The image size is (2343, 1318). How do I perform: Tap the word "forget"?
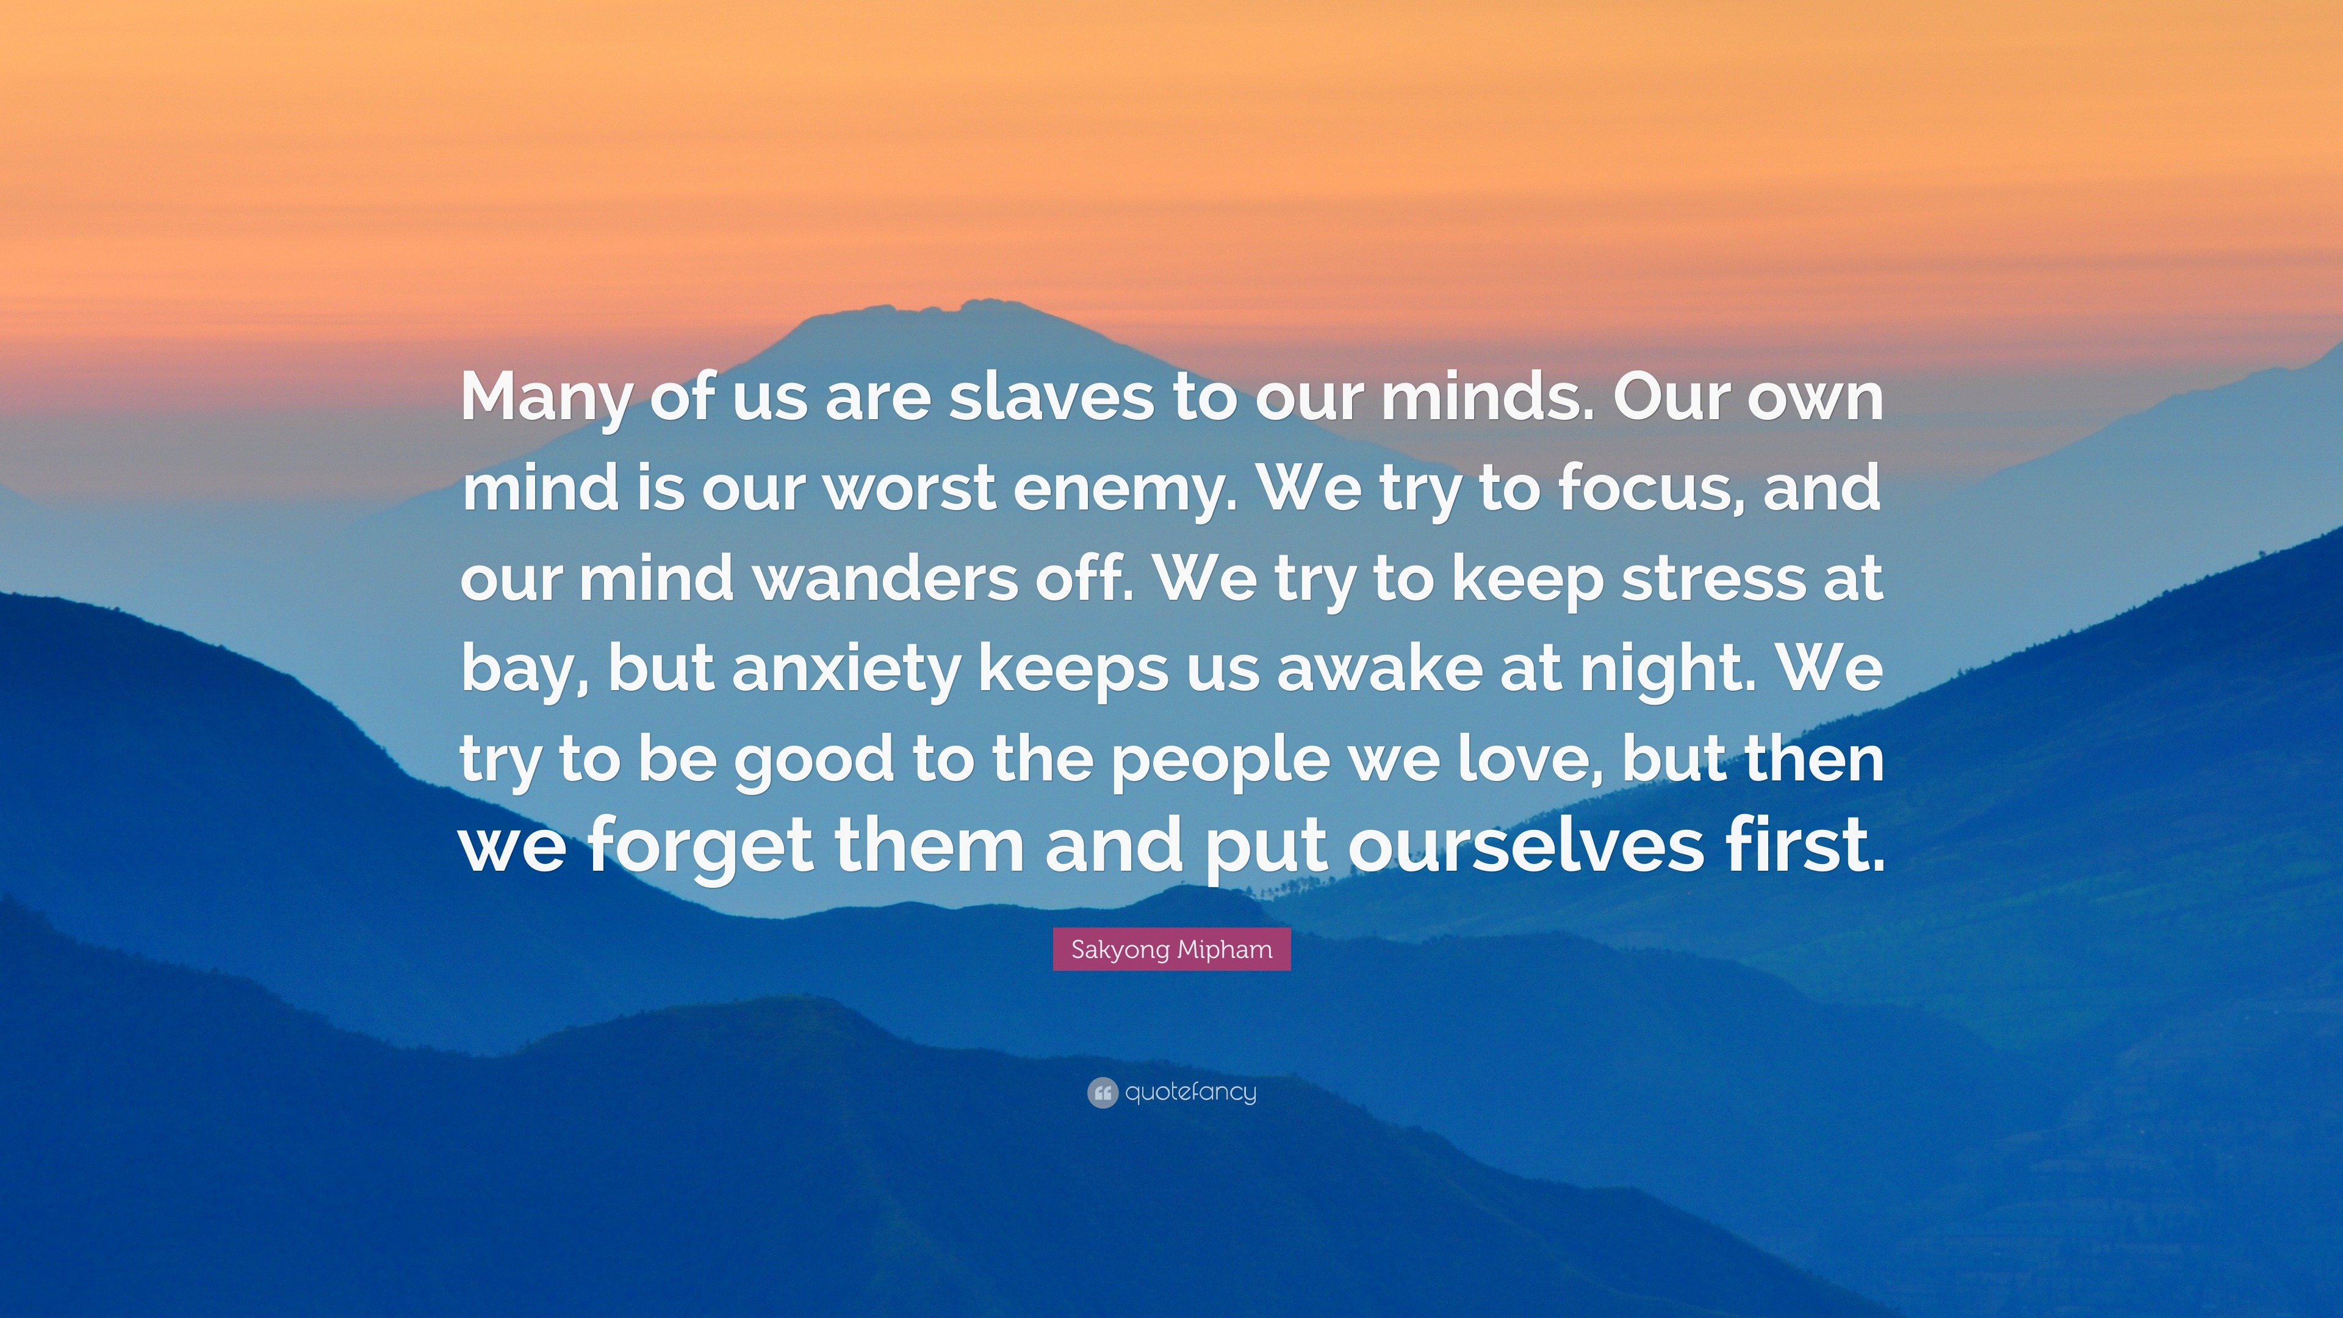[700, 848]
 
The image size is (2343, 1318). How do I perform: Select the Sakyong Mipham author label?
[1171, 949]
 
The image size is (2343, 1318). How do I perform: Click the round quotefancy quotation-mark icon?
[1101, 1092]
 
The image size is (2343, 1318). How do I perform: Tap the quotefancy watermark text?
[1190, 1092]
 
